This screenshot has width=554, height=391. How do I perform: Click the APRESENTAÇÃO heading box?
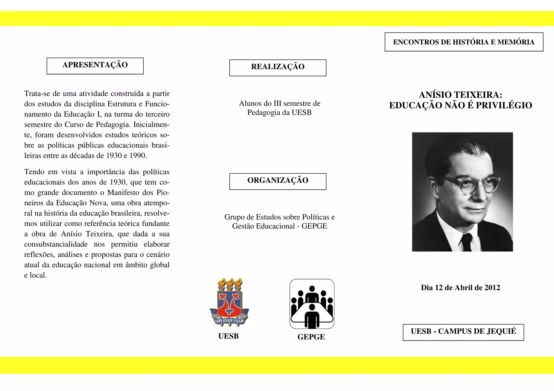point(95,66)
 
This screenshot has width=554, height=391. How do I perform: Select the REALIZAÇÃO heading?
point(278,68)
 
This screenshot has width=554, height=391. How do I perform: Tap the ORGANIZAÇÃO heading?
point(278,181)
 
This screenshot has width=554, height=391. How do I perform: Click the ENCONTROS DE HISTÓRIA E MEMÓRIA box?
point(464,42)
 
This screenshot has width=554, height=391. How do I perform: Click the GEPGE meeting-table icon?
point(312,304)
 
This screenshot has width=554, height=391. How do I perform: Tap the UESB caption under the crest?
point(229,336)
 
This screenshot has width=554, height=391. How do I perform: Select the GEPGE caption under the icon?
point(311,337)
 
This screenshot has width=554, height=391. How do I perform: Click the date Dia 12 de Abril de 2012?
point(460,288)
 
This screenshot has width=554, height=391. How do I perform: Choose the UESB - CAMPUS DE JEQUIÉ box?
point(463,332)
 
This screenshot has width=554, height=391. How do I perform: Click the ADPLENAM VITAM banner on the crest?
point(229,321)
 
